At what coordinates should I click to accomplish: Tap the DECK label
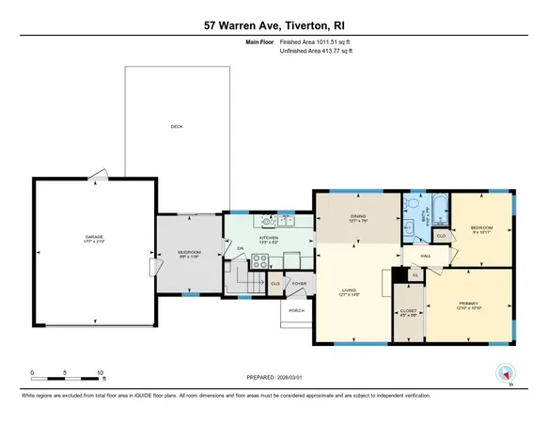pyautogui.click(x=176, y=127)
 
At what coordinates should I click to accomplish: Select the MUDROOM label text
pyautogui.click(x=189, y=252)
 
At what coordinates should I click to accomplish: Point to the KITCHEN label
pyautogui.click(x=269, y=239)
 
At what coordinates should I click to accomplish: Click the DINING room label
pyautogui.click(x=357, y=218)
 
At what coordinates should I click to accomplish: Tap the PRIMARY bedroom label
pyautogui.click(x=468, y=303)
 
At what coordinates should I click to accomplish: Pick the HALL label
pyautogui.click(x=425, y=256)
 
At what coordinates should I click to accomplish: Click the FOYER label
pyautogui.click(x=299, y=283)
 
